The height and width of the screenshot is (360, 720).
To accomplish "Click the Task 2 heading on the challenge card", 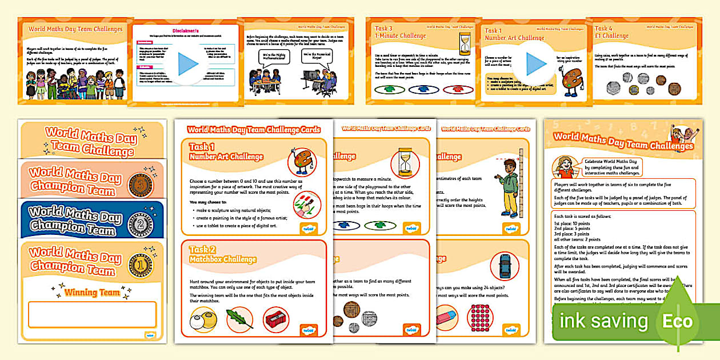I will pyautogui.click(x=199, y=249).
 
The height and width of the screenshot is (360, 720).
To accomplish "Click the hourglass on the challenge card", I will pyautogui.click(x=406, y=161).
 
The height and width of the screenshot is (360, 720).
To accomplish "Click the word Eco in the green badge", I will pyautogui.click(x=677, y=322).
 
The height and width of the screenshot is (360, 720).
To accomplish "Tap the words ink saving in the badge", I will pyautogui.click(x=603, y=321).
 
